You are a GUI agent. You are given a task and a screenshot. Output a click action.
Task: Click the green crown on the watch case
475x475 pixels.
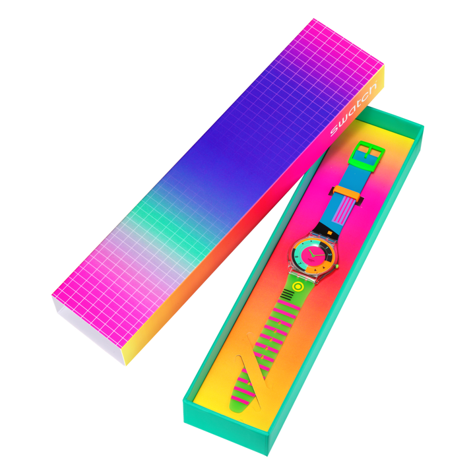click(x=337, y=267)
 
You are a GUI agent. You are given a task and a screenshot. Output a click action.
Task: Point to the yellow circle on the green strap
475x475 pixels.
click(x=298, y=286)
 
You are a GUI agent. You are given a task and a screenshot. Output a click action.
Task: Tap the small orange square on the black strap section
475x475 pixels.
click(x=330, y=233)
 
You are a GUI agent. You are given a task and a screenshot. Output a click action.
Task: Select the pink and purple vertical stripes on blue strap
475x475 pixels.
click(x=342, y=210)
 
